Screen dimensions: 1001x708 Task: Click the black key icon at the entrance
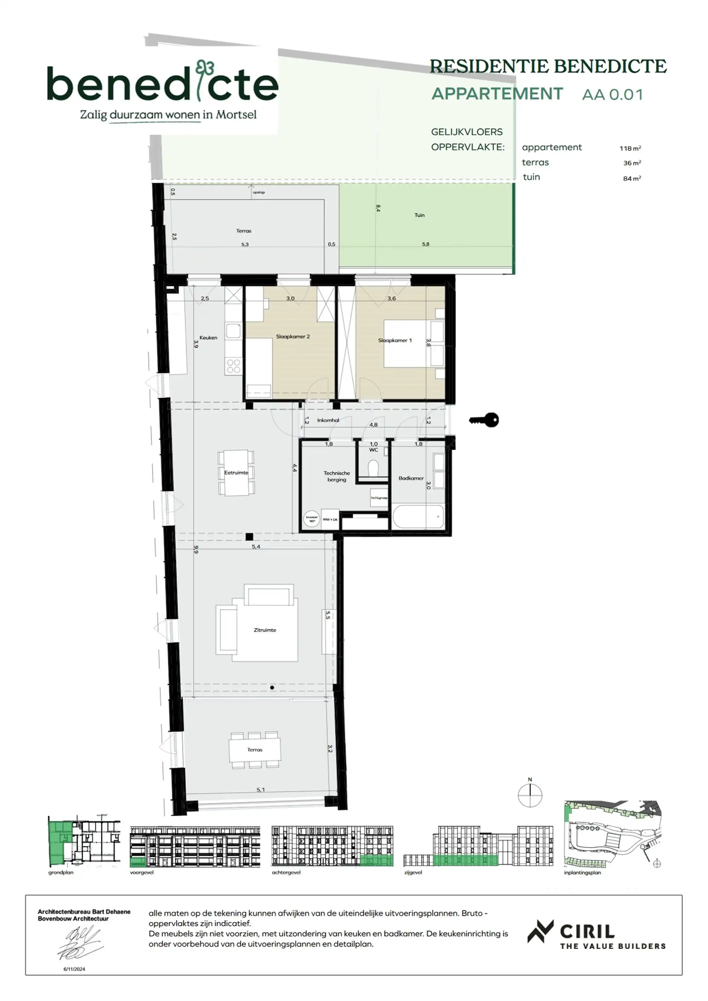[x=485, y=420]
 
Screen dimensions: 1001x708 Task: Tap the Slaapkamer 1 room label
[x=395, y=340]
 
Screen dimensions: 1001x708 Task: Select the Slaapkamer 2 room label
[x=292, y=337]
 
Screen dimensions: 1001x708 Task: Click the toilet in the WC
[x=373, y=470]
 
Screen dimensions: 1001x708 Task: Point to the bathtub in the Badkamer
[x=418, y=517]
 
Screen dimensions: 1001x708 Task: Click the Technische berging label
[x=337, y=476]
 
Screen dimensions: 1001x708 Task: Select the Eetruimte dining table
[x=236, y=473]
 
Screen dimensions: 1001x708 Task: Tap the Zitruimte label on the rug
[x=265, y=630]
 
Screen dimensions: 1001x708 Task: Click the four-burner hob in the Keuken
[x=234, y=366]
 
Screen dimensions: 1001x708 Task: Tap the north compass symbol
[x=530, y=795]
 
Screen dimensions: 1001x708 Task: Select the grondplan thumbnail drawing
[x=84, y=842]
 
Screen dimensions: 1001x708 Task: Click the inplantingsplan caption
[x=582, y=872]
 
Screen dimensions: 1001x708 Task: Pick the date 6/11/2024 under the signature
[x=74, y=969]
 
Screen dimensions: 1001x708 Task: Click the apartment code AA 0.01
[x=612, y=95]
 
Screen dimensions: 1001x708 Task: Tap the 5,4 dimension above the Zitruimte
[x=256, y=547]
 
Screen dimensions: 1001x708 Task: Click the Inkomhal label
[x=328, y=420]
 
